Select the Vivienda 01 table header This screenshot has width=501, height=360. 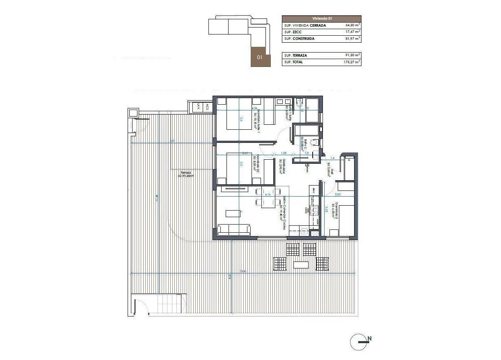[x=321, y=18]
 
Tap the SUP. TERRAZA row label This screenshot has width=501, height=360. [x=295, y=55]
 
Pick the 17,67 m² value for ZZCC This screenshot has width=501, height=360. [x=352, y=32]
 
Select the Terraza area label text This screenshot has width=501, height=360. [x=185, y=174]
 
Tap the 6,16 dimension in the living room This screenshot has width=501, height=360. [x=268, y=195]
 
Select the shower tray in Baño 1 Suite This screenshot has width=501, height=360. [x=313, y=110]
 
